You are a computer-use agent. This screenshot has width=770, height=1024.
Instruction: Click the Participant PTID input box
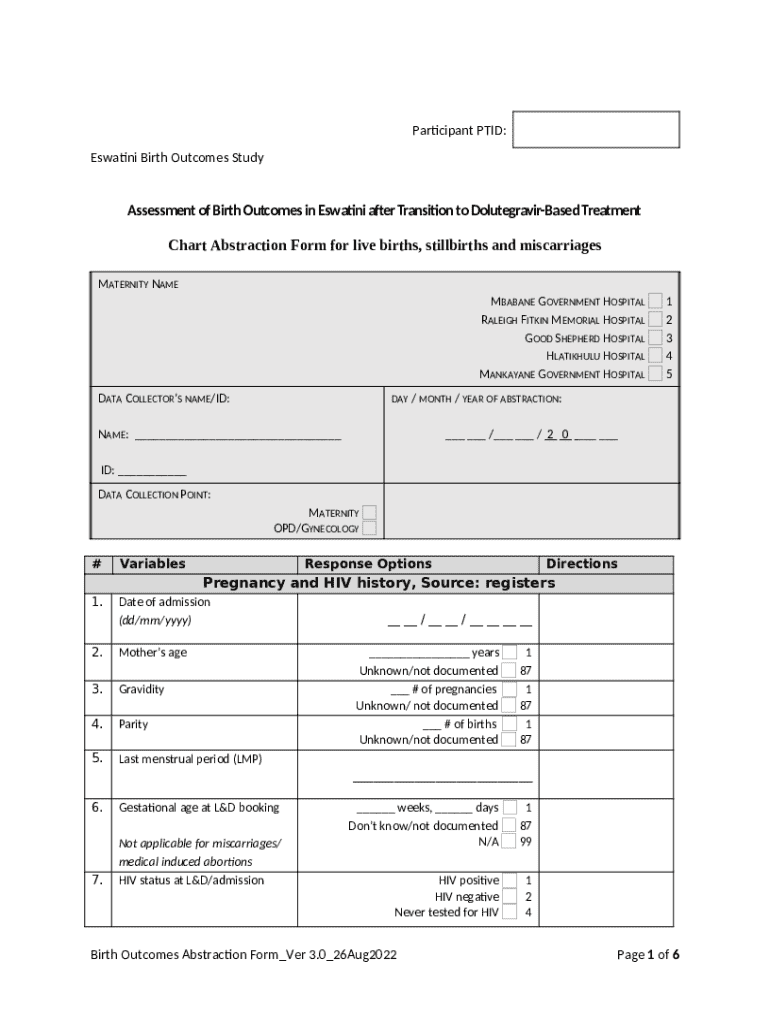point(595,130)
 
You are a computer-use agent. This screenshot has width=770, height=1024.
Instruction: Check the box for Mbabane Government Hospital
point(654,301)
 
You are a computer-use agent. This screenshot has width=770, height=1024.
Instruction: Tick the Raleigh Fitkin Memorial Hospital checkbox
point(654,319)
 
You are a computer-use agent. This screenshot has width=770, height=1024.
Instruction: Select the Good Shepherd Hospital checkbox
point(654,338)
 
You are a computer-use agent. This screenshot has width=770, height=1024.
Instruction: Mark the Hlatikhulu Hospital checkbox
point(654,356)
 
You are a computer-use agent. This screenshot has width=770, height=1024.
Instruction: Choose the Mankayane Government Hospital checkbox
point(654,374)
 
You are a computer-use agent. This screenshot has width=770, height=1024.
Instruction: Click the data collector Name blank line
point(238,436)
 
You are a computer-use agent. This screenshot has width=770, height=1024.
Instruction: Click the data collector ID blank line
point(152,471)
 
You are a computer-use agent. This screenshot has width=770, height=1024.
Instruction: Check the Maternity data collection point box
point(369,513)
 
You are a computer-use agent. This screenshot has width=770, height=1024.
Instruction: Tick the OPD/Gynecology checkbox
point(369,528)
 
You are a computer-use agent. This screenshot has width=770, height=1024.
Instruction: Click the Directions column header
point(581,564)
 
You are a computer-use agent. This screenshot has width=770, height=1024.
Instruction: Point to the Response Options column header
point(368,564)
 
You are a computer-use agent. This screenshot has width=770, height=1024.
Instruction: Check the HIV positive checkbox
point(510,880)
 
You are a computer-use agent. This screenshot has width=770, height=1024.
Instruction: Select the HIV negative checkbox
point(510,897)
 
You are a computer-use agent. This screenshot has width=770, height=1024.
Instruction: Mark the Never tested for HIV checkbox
point(510,912)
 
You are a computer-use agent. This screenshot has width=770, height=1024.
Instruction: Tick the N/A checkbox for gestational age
point(510,841)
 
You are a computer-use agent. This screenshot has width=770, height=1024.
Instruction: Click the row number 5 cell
point(97,759)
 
